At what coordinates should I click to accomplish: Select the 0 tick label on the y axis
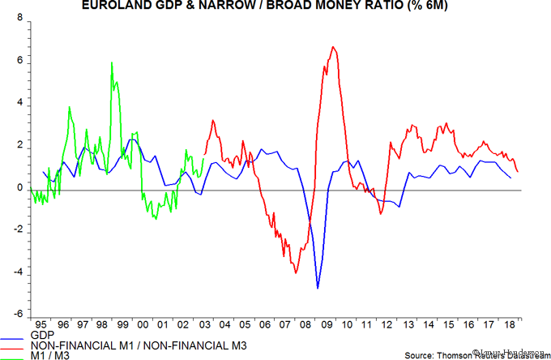click(20, 188)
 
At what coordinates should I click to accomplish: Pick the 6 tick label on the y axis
click(20, 62)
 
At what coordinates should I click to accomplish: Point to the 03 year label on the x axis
click(205, 324)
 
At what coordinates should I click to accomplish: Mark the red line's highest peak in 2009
click(334, 47)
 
